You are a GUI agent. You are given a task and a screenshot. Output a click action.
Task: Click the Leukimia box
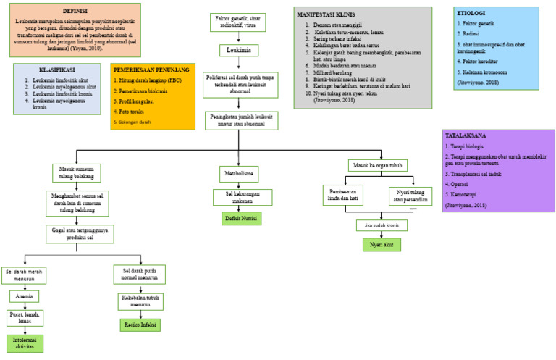click(238, 50)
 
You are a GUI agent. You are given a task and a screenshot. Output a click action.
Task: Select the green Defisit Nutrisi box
click(242, 217)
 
